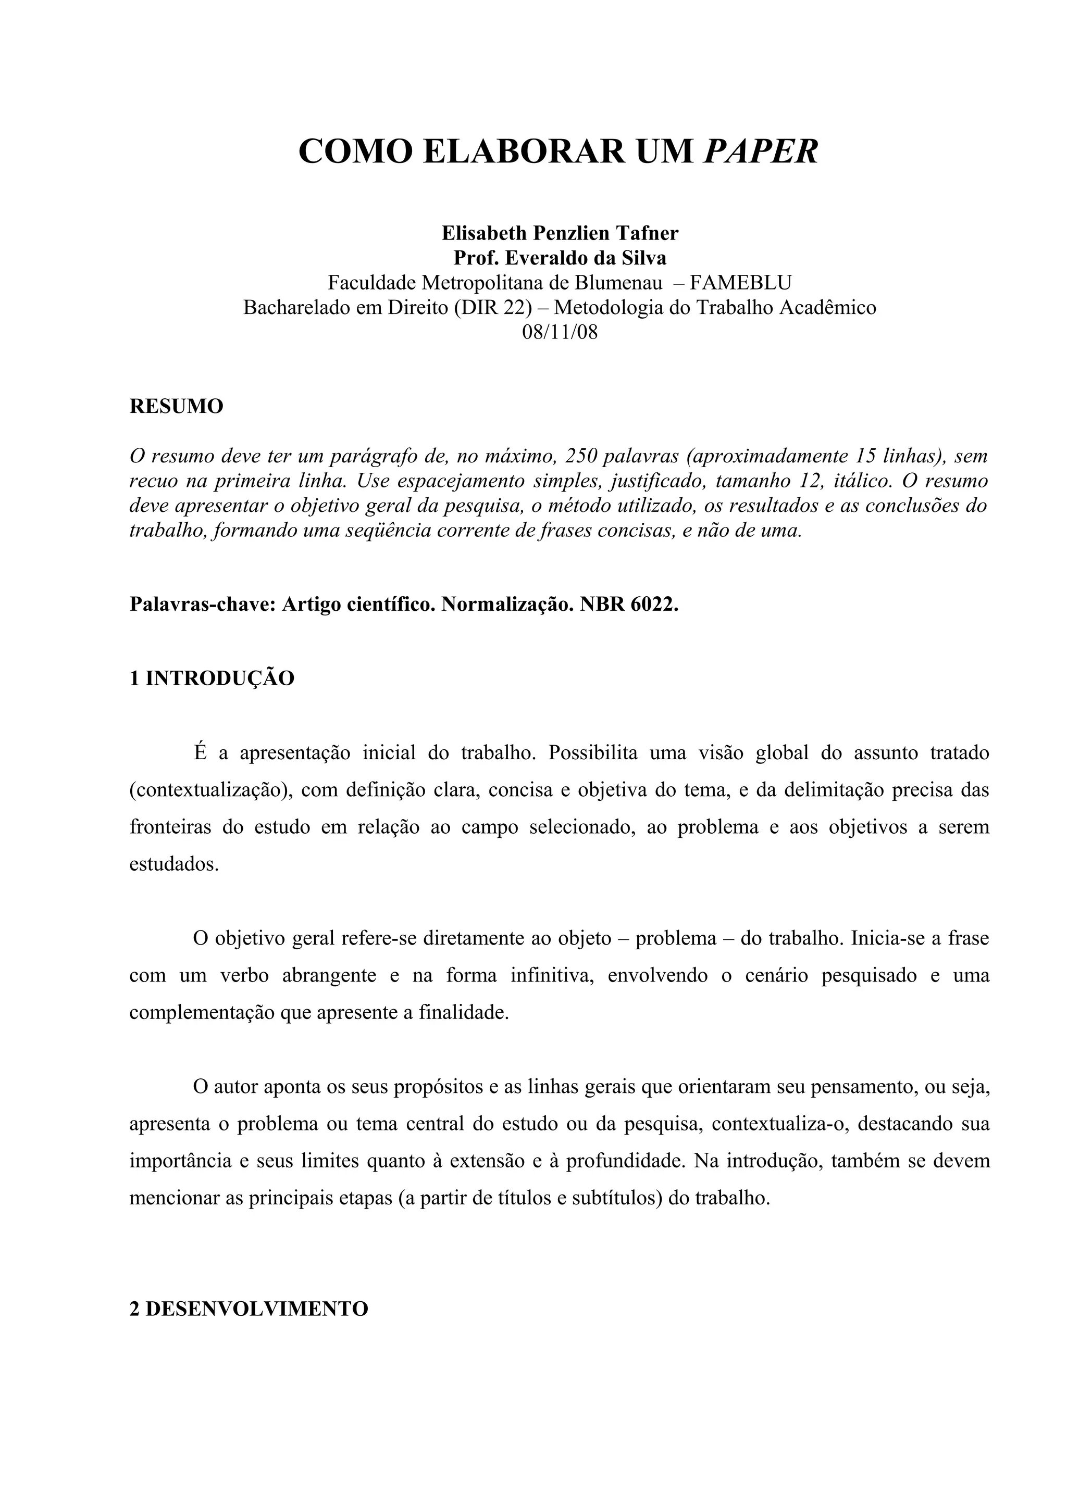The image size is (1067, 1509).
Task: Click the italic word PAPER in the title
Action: pos(761,152)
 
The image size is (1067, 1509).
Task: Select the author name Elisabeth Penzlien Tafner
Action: pos(560,233)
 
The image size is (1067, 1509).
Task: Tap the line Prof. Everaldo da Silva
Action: pos(560,258)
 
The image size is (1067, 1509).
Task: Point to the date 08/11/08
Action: pos(560,332)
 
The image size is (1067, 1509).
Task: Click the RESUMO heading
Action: pos(176,406)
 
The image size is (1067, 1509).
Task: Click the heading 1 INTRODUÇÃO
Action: pos(212,678)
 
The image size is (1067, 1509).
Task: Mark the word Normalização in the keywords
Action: pos(507,604)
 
